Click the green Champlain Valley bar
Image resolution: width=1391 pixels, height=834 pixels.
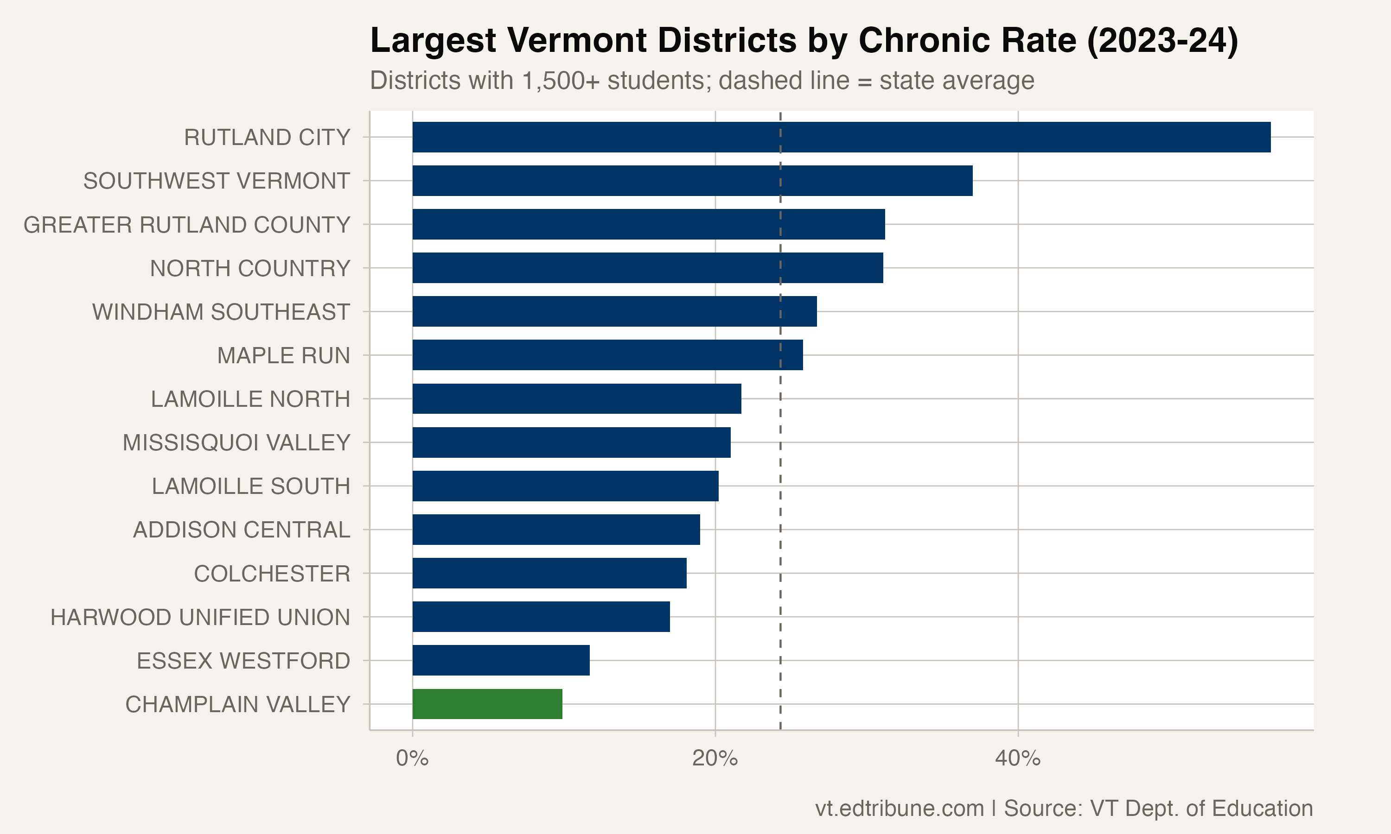[487, 704]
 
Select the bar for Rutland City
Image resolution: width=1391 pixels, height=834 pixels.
[841, 137]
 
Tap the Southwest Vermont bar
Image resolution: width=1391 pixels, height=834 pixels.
[692, 180]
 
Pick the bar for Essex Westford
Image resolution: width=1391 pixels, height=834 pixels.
[500, 660]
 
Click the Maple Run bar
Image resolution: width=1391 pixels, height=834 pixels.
[607, 354]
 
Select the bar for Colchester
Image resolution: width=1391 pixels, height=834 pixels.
[549, 573]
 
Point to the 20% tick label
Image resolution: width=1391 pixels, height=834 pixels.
[715, 758]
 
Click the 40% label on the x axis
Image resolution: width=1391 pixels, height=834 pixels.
[1017, 758]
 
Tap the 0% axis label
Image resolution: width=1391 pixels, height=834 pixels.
[412, 758]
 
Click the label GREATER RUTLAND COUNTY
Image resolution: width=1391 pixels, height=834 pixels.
[187, 225]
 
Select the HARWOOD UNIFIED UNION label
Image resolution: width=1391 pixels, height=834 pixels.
[200, 617]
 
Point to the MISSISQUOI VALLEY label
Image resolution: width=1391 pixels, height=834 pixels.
[236, 443]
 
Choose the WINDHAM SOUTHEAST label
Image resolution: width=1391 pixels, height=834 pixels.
[221, 312]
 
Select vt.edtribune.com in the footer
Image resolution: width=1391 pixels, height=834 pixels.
[899, 808]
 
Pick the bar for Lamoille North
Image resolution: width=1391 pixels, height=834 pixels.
[576, 398]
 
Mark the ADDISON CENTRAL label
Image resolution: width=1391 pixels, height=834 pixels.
[241, 530]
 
